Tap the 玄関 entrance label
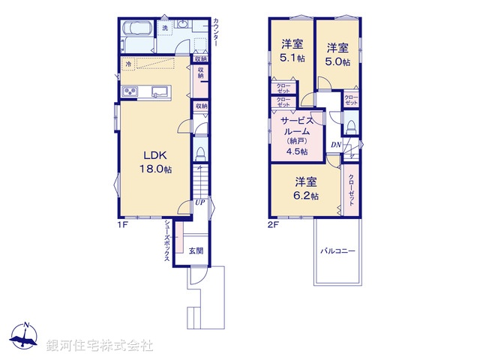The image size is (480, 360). [195, 251]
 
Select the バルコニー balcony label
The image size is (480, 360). [338, 251]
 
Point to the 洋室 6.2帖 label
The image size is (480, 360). [304, 187]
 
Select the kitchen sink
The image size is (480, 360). [159, 91]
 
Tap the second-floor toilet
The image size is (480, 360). [350, 125]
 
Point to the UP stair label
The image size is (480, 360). [199, 202]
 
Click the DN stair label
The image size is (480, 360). [336, 145]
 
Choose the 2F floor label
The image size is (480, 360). [274, 223]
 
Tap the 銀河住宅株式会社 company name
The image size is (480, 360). [99, 346]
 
